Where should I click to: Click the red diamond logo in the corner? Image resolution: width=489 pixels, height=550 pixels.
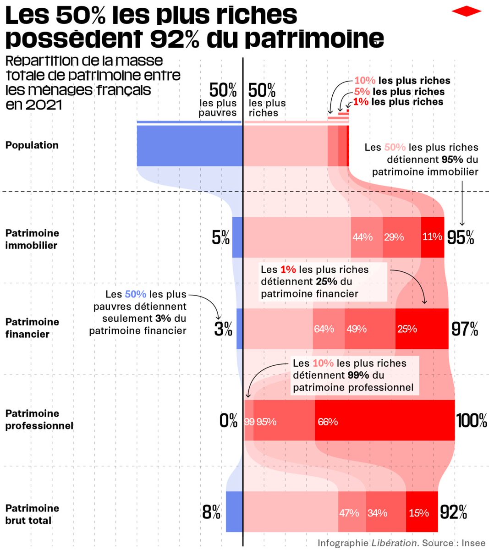point(467,11)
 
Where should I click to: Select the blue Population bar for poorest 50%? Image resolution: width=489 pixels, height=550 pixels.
point(189,146)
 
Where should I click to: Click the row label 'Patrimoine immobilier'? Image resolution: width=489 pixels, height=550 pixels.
point(32,239)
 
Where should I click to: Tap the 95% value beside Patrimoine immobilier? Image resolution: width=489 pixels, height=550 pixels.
point(461,237)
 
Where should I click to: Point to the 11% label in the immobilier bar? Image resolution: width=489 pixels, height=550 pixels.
point(432,237)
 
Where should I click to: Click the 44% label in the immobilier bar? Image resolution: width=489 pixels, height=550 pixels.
point(362,237)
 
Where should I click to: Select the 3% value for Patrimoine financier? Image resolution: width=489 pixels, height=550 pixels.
point(223,329)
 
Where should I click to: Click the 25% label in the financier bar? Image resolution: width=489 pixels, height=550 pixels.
point(407,329)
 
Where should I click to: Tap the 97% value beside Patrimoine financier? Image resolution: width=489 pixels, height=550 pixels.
point(465,329)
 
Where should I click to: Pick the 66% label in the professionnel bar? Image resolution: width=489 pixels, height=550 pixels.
point(328,422)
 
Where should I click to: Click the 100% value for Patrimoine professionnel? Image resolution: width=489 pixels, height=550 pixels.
point(472,421)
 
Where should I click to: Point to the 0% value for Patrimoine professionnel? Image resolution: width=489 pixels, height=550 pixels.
point(228,421)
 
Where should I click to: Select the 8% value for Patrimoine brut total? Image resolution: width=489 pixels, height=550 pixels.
point(211,512)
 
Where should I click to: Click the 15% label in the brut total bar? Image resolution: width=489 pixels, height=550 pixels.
point(419,513)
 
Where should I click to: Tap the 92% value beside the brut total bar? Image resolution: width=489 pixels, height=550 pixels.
point(453,512)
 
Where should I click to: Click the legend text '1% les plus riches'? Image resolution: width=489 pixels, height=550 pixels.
point(398,102)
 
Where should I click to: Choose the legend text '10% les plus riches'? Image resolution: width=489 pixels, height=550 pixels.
point(402,81)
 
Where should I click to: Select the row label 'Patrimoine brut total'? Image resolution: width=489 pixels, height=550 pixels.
point(32,514)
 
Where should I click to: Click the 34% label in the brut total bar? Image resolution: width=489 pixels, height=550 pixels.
point(377,513)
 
